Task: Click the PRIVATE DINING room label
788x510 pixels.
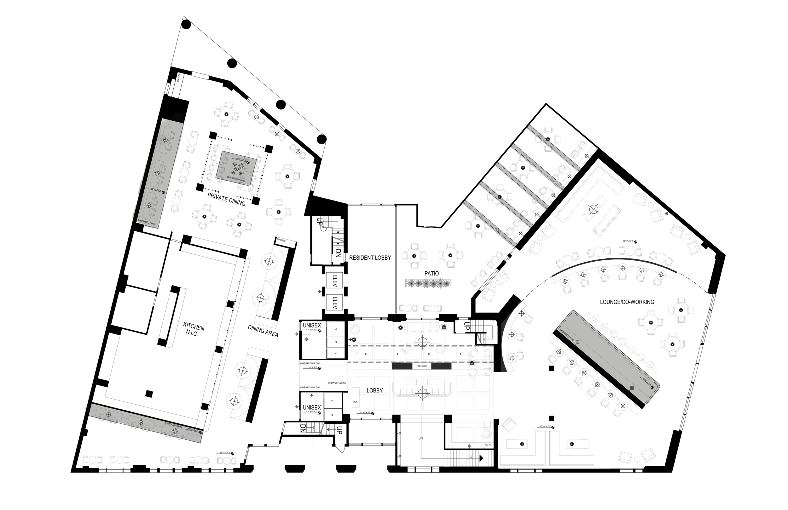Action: [x=226, y=199]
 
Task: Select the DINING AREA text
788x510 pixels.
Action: [x=263, y=331]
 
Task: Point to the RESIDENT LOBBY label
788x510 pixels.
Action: [x=370, y=257]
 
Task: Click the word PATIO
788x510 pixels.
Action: [x=432, y=273]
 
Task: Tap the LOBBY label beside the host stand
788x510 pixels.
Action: [x=374, y=391]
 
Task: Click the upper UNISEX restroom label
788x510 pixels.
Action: [x=312, y=326]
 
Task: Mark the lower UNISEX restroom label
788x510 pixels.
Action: [x=312, y=408]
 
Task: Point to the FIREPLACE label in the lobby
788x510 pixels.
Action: [x=421, y=366]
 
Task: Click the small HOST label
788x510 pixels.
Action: [x=356, y=402]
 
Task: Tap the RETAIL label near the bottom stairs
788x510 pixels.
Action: [x=488, y=445]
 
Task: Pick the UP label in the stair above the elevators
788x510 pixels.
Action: [x=320, y=222]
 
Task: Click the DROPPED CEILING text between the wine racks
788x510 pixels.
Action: [x=337, y=383]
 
